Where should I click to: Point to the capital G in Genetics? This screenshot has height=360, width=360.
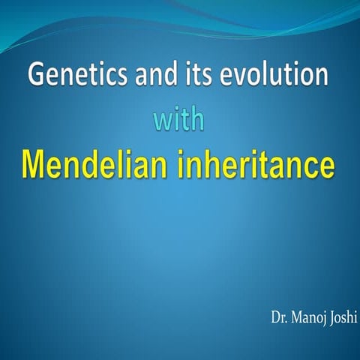[34, 76]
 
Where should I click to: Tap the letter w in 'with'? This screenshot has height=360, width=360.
[161, 120]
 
